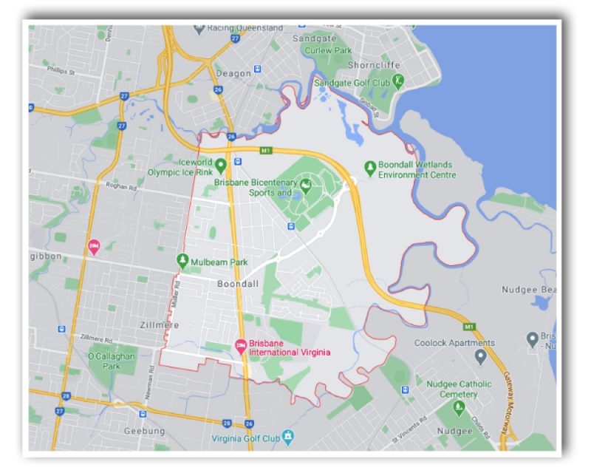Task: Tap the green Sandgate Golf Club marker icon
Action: pyautogui.click(x=399, y=81)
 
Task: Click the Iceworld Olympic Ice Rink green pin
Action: pyautogui.click(x=220, y=163)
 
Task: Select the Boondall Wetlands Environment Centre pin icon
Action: pyautogui.click(x=370, y=166)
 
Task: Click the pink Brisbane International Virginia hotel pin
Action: pyautogui.click(x=239, y=345)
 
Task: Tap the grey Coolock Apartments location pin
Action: pyautogui.click(x=480, y=357)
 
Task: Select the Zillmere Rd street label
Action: pyautogui.click(x=97, y=336)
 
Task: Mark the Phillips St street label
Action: pyautogui.click(x=61, y=72)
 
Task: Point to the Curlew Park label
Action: pyautogui.click(x=332, y=50)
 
